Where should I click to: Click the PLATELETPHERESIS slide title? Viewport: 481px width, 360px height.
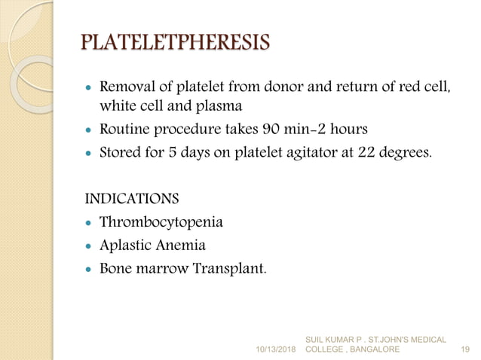tap(174, 41)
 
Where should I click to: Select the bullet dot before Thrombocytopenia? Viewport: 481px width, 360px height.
tap(89, 224)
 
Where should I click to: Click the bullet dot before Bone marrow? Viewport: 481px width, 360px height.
tap(89, 269)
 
